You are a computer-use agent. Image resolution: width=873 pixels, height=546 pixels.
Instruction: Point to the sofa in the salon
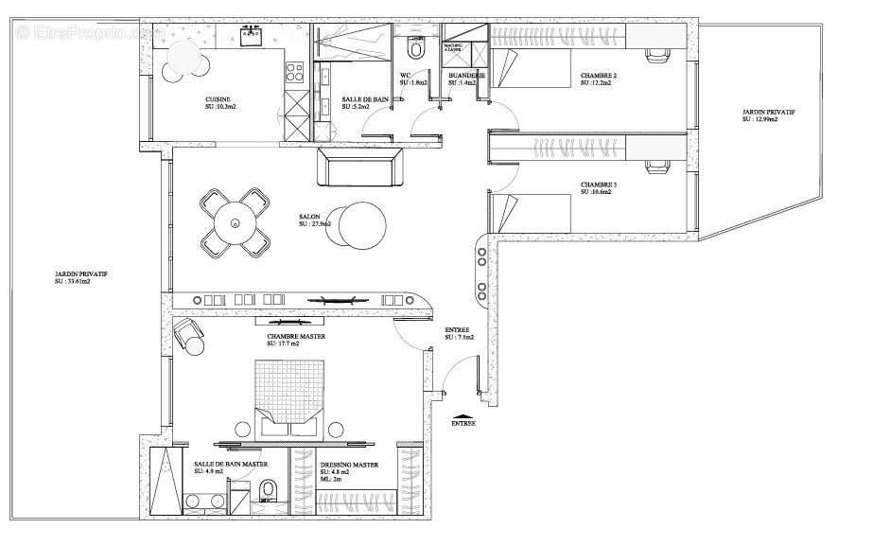pos(360,167)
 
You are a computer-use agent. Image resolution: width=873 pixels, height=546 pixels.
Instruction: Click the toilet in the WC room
pos(417,48)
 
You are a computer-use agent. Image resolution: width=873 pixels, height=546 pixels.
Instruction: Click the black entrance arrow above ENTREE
pos(463,415)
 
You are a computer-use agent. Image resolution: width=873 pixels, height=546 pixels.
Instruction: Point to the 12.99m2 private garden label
pos(768,115)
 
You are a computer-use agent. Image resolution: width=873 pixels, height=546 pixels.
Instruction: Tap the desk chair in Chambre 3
pos(655,167)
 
